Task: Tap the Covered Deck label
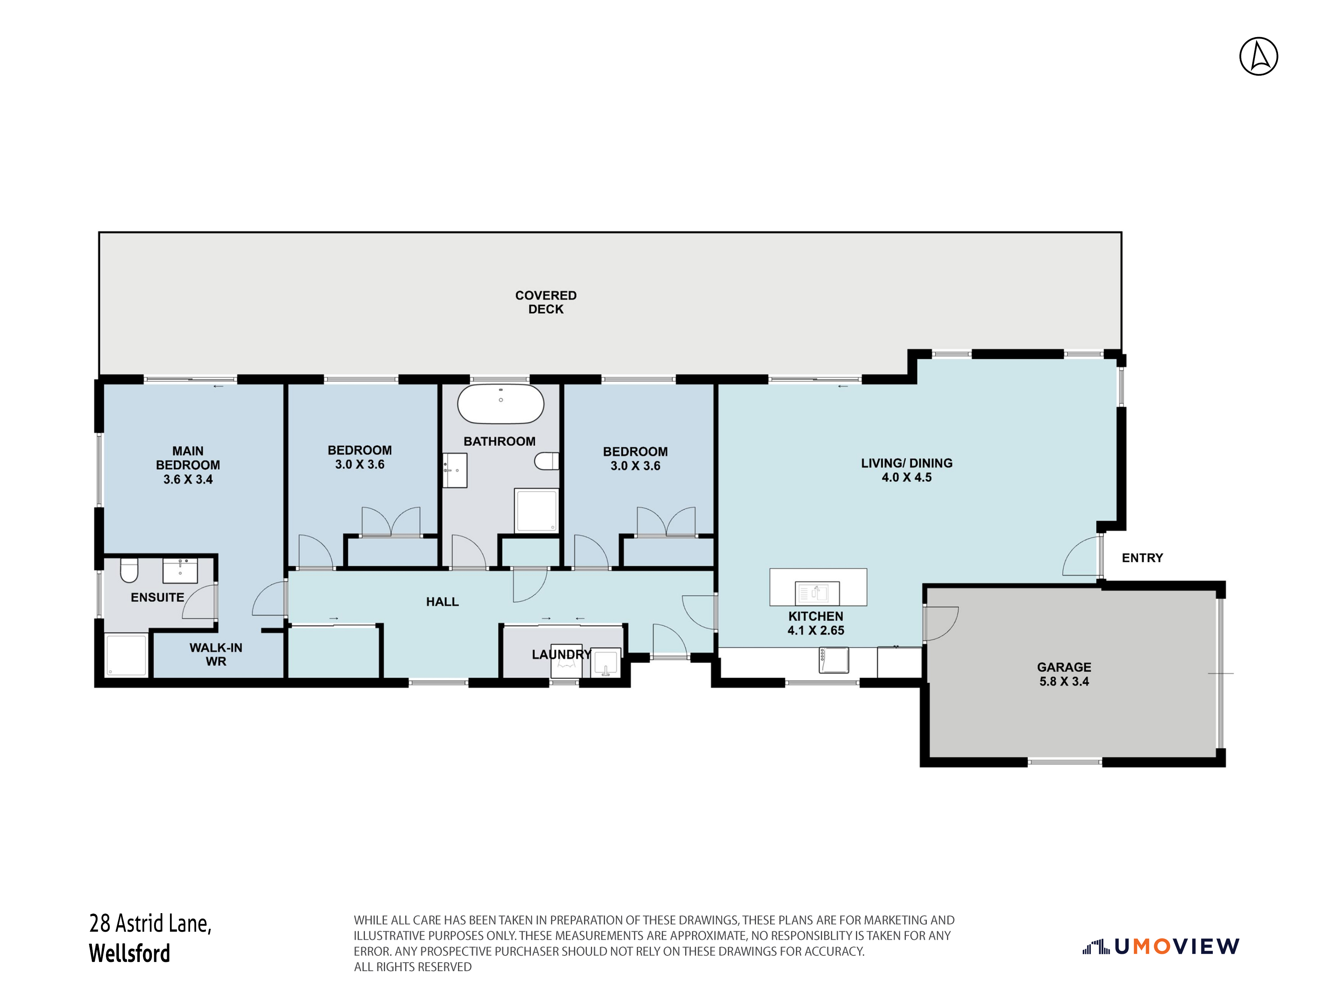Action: tap(546, 302)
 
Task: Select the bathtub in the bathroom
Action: tap(501, 404)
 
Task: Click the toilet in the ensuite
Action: tap(129, 570)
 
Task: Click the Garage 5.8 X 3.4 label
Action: tap(1064, 674)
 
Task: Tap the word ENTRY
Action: tap(1142, 558)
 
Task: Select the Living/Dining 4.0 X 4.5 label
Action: tap(907, 470)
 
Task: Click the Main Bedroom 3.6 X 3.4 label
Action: tap(188, 465)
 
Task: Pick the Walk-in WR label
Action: tap(216, 655)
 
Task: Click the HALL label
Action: tap(443, 602)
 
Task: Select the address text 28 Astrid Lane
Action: tap(150, 924)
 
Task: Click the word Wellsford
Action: tap(130, 953)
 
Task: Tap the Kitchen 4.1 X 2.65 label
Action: tap(816, 623)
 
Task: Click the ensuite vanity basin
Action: tap(180, 570)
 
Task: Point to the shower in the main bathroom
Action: tap(537, 510)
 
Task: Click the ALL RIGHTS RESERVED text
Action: tap(412, 967)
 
